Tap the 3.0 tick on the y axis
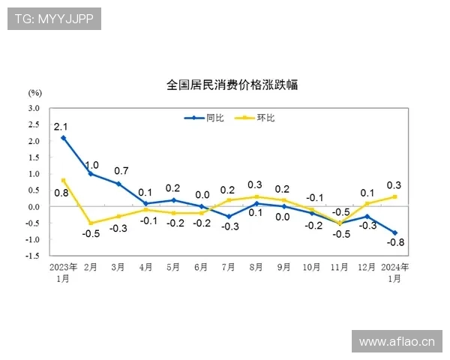click(34, 108)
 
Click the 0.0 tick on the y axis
click(34, 206)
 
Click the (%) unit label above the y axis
click(35, 93)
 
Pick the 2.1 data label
click(61, 126)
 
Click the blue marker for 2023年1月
click(64, 138)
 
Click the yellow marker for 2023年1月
click(64, 180)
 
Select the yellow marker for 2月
click(91, 223)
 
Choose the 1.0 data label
click(91, 165)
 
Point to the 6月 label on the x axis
click(201, 267)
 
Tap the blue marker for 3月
click(118, 184)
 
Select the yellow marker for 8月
click(256, 196)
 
